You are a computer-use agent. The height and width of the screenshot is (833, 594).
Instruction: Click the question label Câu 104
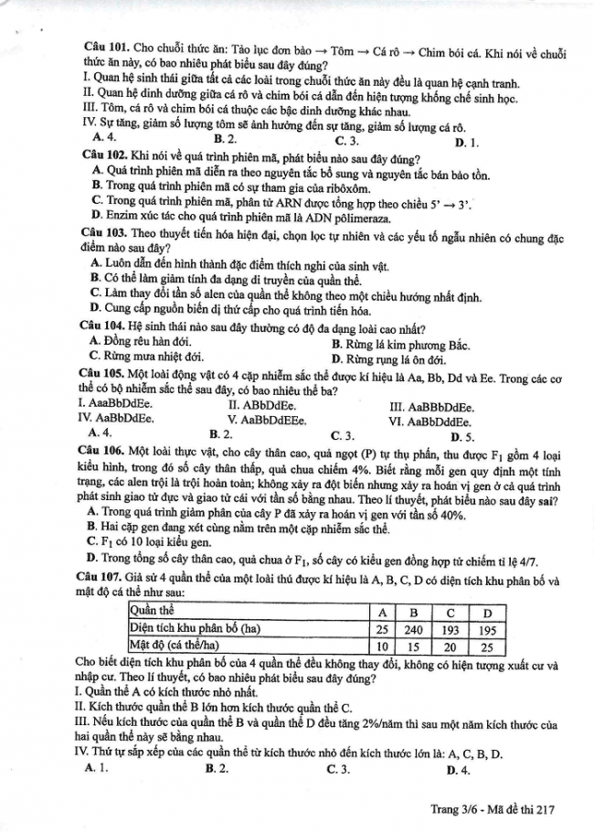point(102,327)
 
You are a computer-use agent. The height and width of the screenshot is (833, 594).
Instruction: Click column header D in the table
point(487,611)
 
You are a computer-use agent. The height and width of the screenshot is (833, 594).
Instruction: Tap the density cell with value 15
point(414,646)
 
